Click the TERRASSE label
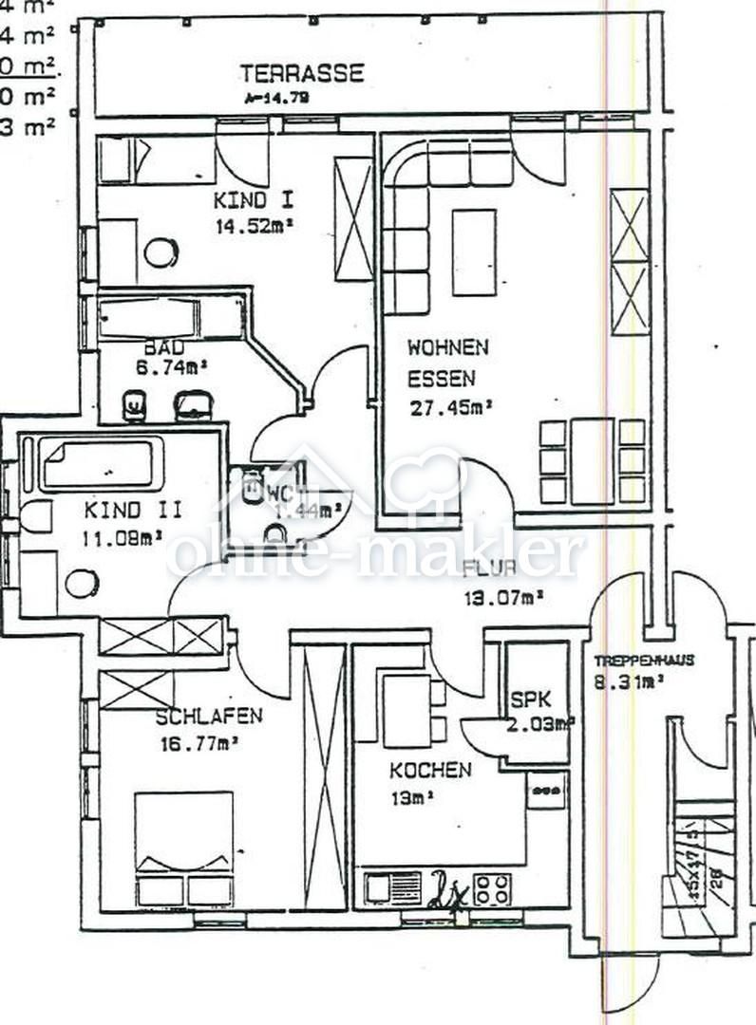pos(302,73)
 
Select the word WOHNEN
pos(447,347)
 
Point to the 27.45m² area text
pos(450,409)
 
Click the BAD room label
pos(165,347)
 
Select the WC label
pos(278,492)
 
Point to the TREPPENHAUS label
pos(644,660)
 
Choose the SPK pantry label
pos(530,700)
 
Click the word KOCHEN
pos(429,769)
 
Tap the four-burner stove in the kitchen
pos(492,889)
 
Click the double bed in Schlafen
pos(183,845)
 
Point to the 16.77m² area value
pos(198,744)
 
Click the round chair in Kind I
pos(161,252)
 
